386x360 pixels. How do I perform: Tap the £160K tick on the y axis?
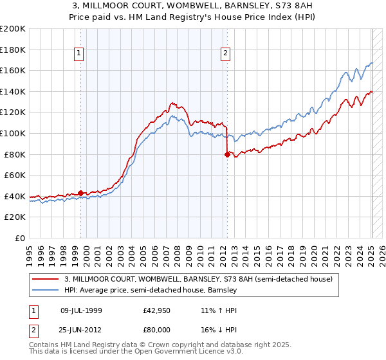(14, 70)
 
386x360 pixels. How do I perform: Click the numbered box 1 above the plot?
(79, 54)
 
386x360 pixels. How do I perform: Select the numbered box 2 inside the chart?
(226, 54)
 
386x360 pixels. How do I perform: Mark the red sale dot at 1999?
(80, 192)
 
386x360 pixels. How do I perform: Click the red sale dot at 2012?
(227, 154)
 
